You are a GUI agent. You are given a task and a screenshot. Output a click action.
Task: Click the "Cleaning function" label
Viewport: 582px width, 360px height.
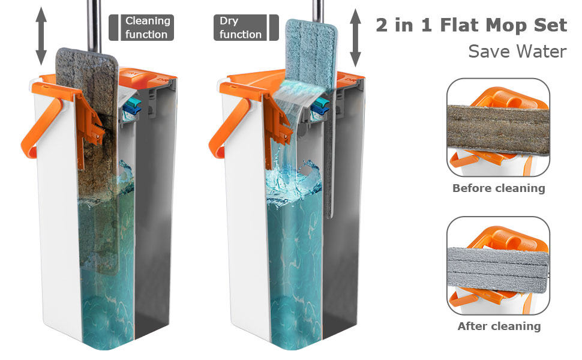[x=147, y=28]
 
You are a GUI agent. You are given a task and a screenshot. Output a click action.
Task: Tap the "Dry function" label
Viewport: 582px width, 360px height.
[x=241, y=28]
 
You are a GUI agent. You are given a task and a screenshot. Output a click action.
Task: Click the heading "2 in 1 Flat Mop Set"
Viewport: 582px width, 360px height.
[x=471, y=25]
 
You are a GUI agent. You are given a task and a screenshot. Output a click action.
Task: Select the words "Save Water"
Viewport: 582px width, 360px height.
[x=517, y=52]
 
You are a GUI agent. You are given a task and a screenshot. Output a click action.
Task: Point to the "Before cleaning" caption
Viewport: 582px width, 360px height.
[x=499, y=188]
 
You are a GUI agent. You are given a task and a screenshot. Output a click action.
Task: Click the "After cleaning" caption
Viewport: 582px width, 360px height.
[x=499, y=326]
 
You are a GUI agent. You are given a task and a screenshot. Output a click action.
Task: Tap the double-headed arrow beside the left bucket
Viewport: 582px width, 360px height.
[x=41, y=36]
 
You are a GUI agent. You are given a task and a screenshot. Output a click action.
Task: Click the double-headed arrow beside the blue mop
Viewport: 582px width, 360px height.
[x=356, y=37]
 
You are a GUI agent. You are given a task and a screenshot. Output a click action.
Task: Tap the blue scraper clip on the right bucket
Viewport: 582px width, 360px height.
[x=322, y=107]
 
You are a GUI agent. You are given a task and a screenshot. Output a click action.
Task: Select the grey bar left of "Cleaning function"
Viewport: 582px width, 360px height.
[x=113, y=28]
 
